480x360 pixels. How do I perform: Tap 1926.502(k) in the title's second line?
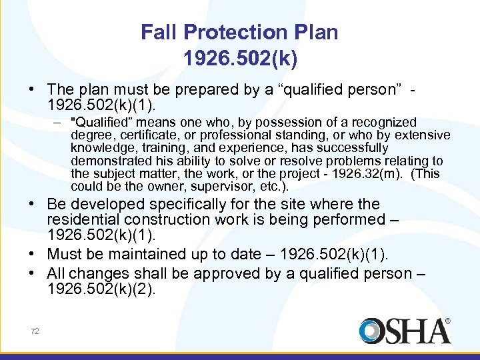tap(240, 59)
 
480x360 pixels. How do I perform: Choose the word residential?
tap(85, 220)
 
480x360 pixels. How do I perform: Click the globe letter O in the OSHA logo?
tap(372, 331)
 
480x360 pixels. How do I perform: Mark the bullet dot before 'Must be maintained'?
tap(37, 255)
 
